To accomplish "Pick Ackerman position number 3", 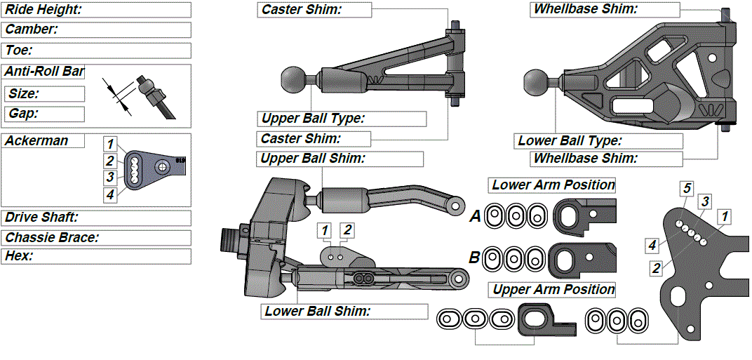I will tap(110, 177).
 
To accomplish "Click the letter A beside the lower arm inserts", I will tap(475, 218).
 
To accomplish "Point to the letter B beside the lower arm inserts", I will tap(475, 258).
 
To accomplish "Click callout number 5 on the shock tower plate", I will tap(687, 188).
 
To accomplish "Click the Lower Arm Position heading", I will tap(553, 185).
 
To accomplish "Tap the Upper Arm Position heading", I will tap(553, 290).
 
